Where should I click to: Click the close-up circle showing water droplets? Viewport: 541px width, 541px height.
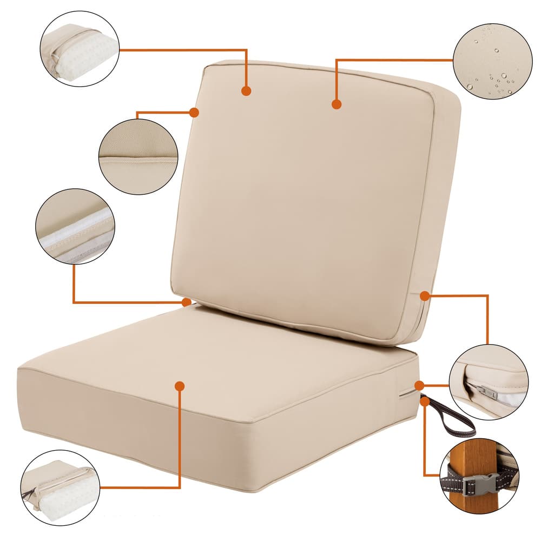(492, 61)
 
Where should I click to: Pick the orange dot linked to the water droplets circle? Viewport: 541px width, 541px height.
(337, 104)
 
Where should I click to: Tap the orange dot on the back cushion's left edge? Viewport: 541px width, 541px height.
(194, 112)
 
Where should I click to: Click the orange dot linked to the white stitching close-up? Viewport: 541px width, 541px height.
(187, 302)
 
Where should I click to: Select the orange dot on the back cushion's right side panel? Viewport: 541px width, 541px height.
(425, 295)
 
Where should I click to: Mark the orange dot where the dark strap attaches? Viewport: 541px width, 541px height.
(425, 401)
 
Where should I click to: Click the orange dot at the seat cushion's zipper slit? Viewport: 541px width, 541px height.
(419, 385)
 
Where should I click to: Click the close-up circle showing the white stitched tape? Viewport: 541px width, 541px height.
(75, 226)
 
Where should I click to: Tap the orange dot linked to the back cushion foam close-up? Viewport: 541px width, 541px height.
(246, 91)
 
